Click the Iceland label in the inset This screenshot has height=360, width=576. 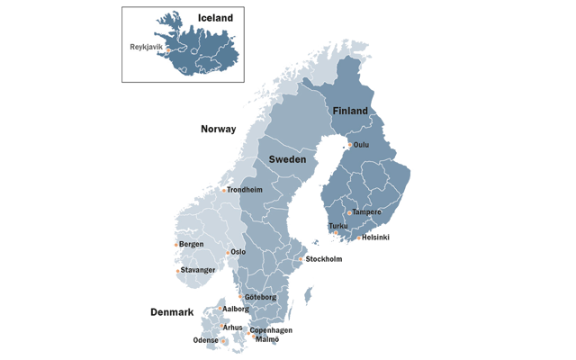(215, 17)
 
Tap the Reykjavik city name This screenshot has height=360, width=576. (146, 45)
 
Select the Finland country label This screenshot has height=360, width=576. (350, 111)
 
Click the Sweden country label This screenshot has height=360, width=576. (287, 158)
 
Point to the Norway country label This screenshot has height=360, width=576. (218, 129)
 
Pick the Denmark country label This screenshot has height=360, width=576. (171, 312)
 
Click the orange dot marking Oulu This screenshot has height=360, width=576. (349, 144)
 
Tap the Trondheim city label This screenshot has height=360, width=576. (245, 190)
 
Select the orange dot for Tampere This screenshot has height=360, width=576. (349, 213)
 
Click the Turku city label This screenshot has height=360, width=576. (338, 226)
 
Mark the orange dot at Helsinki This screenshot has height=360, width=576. (357, 238)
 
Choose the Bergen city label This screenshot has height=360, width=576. (191, 244)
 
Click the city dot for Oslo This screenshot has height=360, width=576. (226, 253)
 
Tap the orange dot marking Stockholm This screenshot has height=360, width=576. (301, 259)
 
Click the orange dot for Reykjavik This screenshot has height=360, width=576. (167, 50)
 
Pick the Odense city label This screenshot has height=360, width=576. (204, 341)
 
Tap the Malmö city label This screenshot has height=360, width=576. (266, 341)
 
